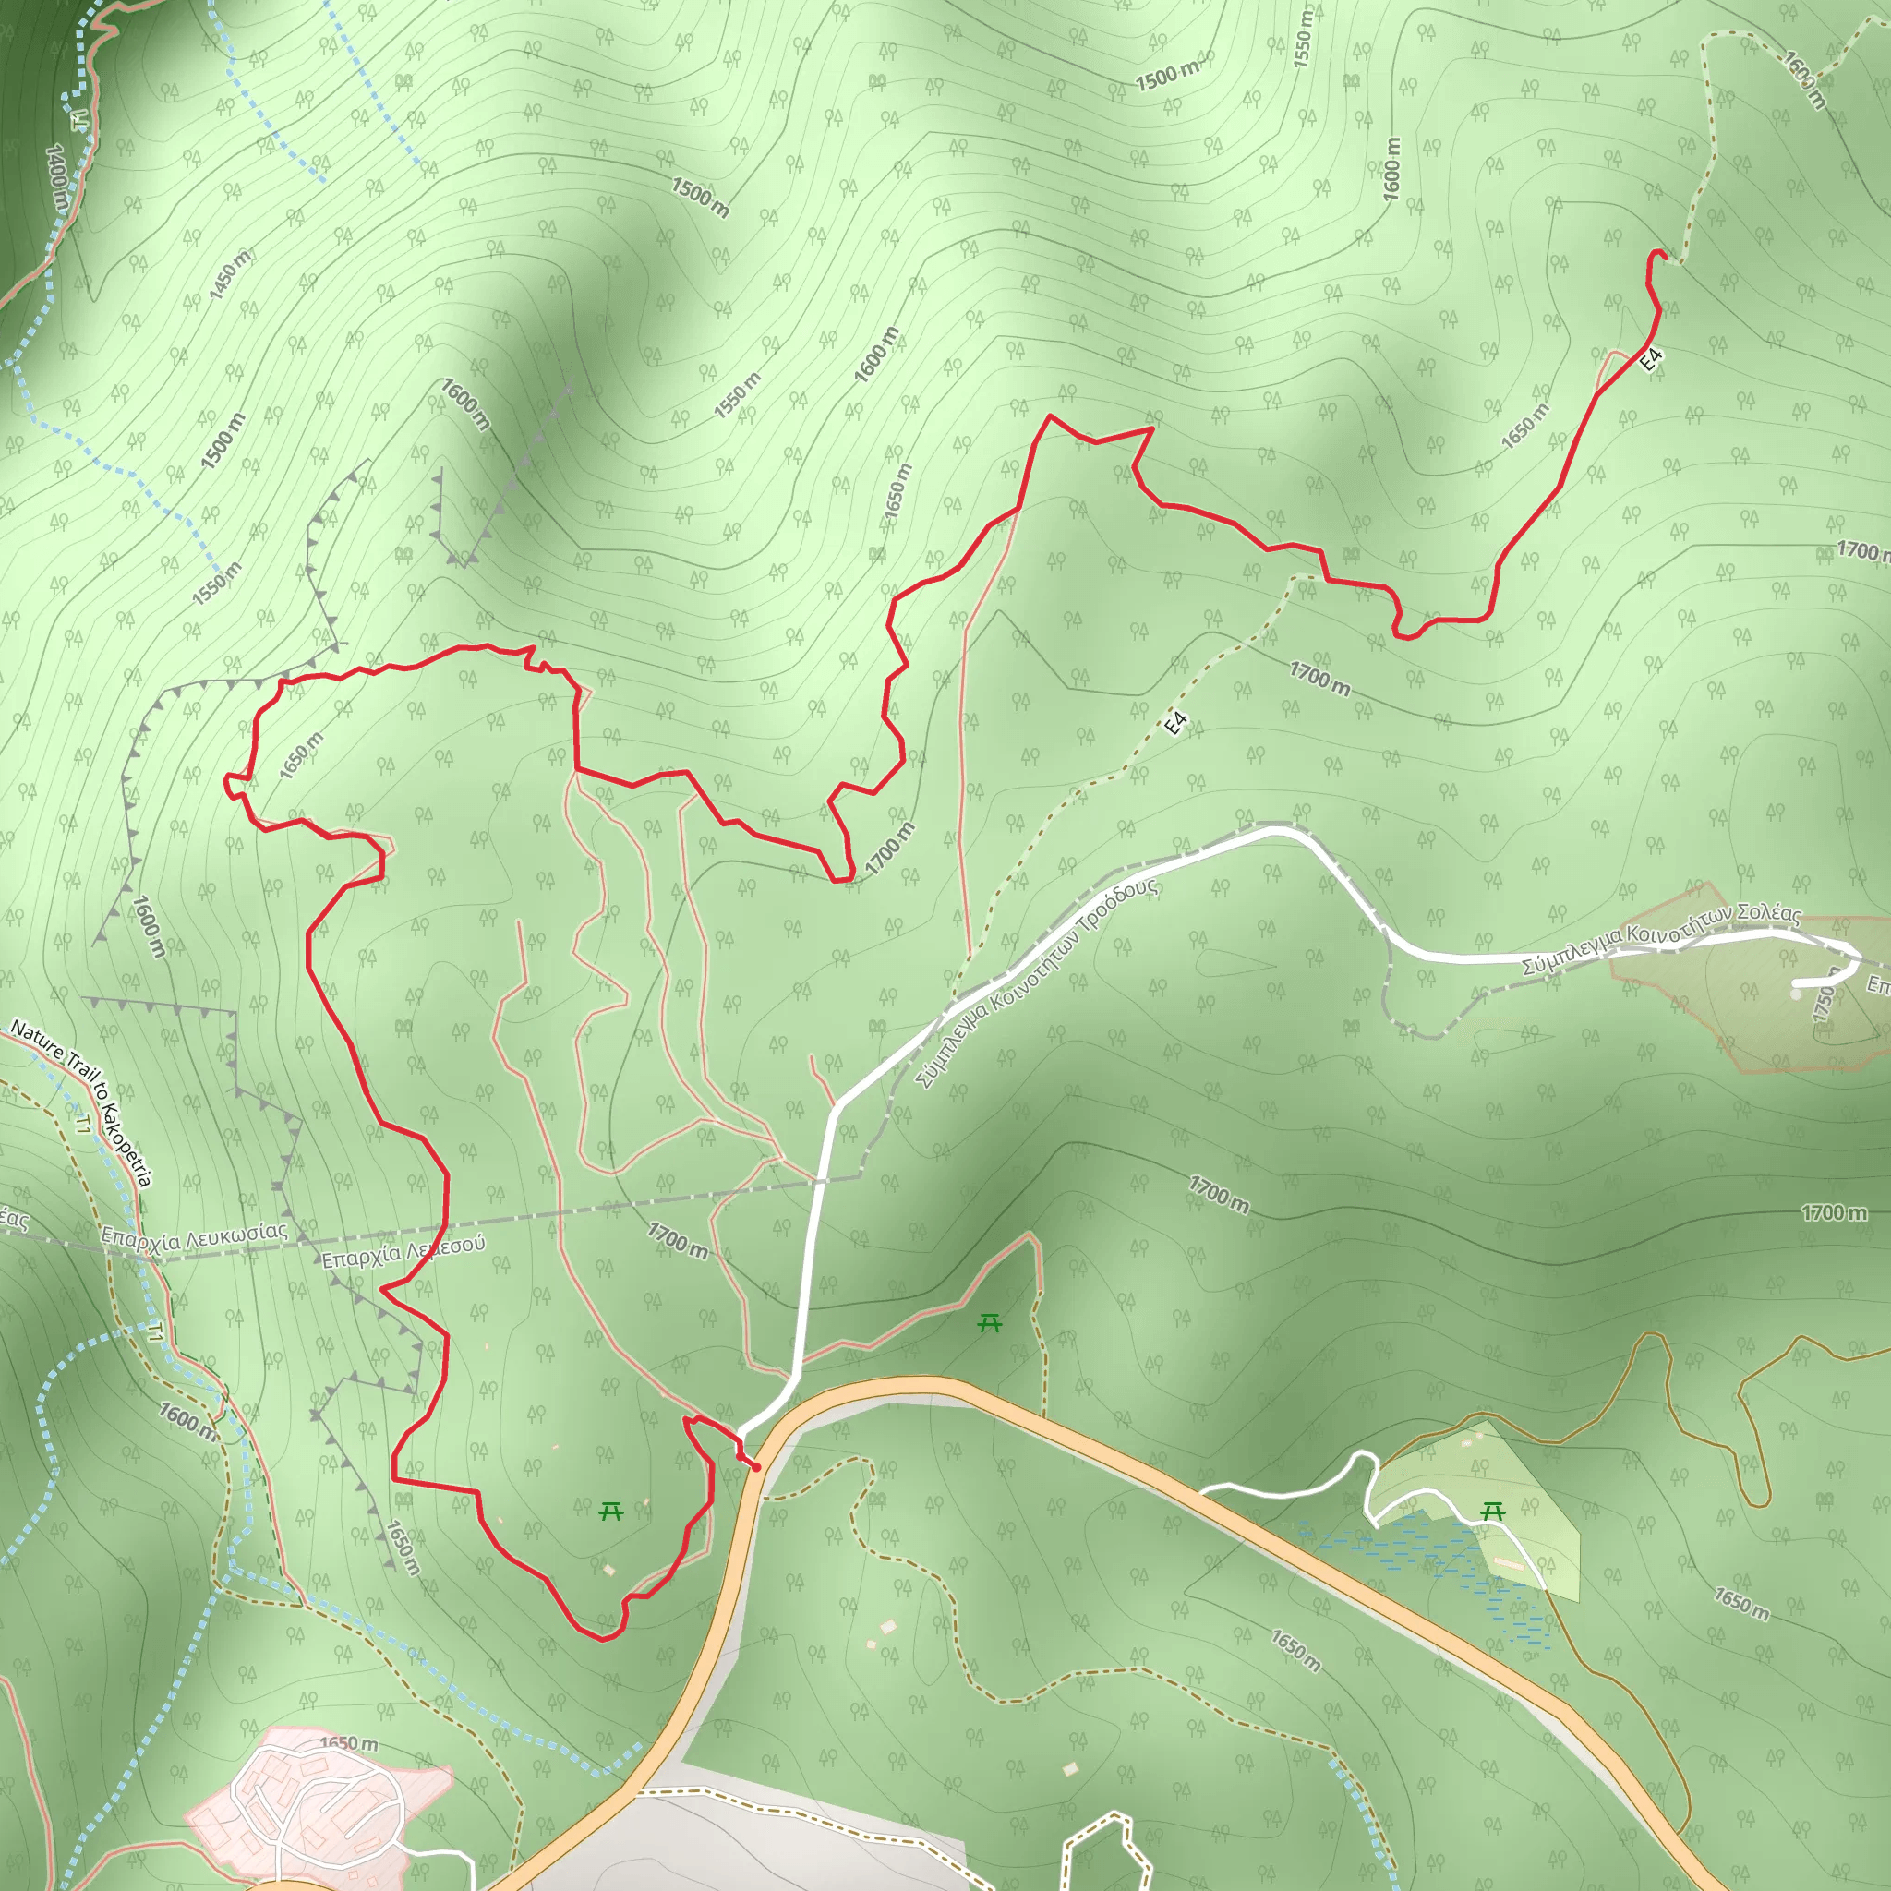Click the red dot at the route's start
755,1466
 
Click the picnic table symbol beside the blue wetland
1493,1512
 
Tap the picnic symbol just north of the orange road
990,1324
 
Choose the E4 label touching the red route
1651,359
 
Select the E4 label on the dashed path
1176,722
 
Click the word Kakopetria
127,1144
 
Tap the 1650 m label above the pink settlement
348,1743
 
